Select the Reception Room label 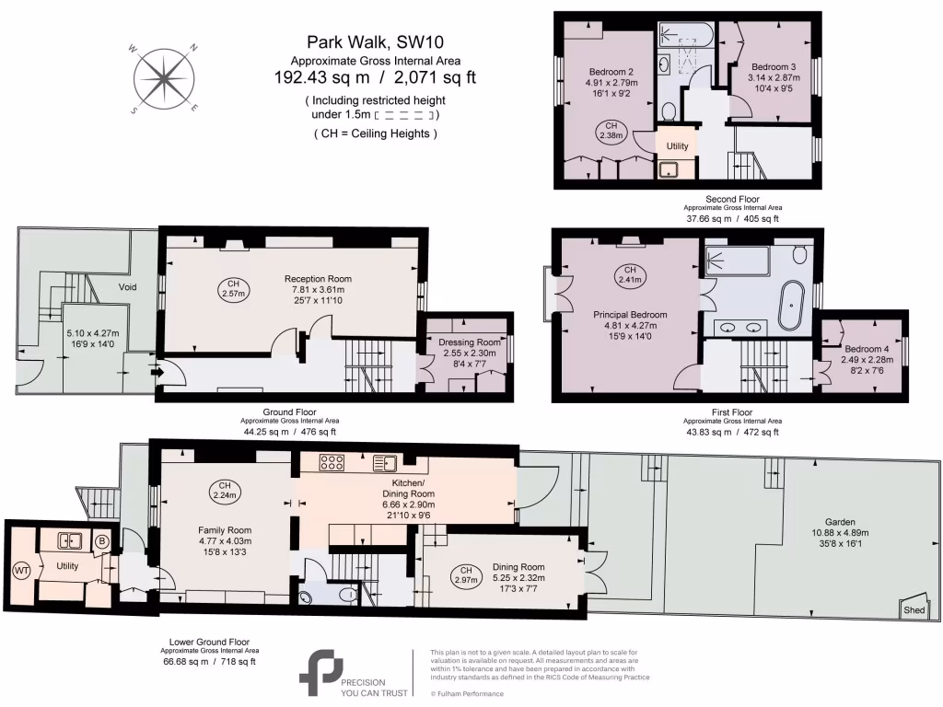click(x=318, y=279)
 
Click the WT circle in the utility click(x=21, y=570)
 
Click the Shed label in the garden click(x=914, y=609)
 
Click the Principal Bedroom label click(x=630, y=314)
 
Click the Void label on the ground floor click(x=127, y=286)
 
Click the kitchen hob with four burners click(x=331, y=462)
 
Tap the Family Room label click(x=226, y=530)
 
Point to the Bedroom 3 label click(x=774, y=67)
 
